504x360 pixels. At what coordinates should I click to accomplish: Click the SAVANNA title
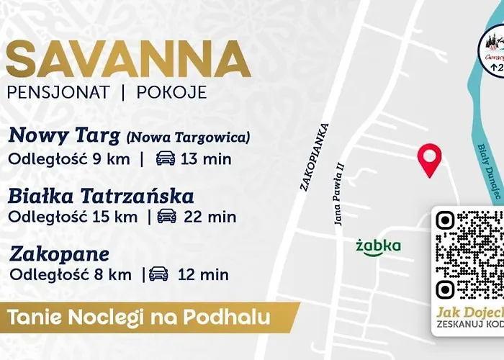(x=128, y=59)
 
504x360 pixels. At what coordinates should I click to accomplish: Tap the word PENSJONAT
(x=58, y=93)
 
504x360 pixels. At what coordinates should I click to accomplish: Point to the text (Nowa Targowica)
(x=188, y=137)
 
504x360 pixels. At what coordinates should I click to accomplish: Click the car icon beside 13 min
(x=165, y=159)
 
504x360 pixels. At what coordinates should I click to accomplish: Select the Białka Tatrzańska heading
(x=102, y=196)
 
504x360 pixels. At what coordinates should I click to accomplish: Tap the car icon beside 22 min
(x=166, y=216)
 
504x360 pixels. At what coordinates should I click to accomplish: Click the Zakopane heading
(x=59, y=254)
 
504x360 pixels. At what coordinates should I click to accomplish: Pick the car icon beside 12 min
(x=158, y=274)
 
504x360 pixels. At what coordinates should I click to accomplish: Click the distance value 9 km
(x=112, y=159)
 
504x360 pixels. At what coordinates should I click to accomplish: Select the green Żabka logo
(x=378, y=246)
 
